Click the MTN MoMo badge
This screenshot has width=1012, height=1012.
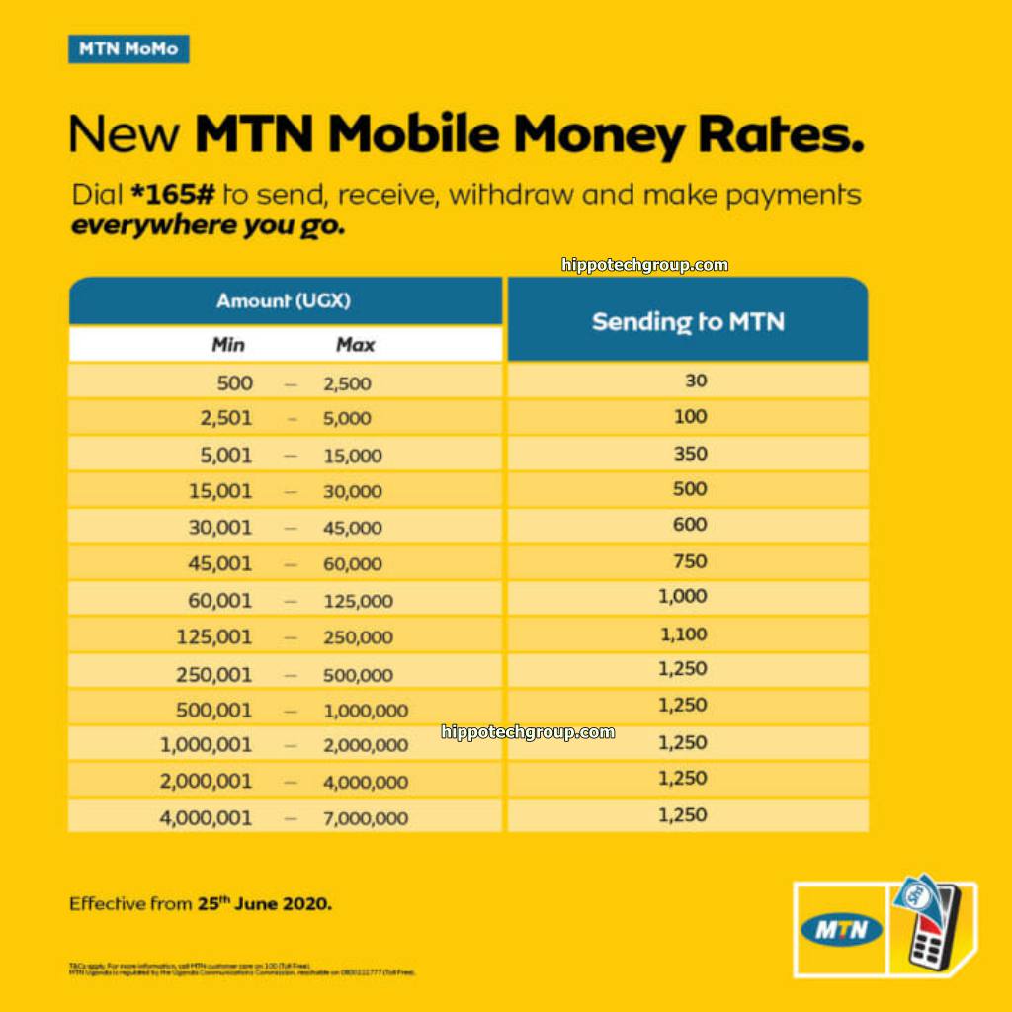128,48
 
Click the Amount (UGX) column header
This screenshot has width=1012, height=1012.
284,300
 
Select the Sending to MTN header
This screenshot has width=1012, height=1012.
688,321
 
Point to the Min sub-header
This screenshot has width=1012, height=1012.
228,345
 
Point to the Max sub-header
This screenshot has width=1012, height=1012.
355,345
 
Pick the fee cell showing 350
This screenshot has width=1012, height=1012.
690,454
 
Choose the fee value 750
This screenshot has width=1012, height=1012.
690,561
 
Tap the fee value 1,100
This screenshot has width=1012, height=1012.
683,633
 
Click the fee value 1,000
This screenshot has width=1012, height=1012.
683,597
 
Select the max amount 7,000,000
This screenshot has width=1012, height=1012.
365,818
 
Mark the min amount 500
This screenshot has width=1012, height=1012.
234,382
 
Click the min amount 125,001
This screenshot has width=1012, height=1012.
214,637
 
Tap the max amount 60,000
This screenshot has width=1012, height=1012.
352,564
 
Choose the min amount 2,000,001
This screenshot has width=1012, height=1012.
206,782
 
